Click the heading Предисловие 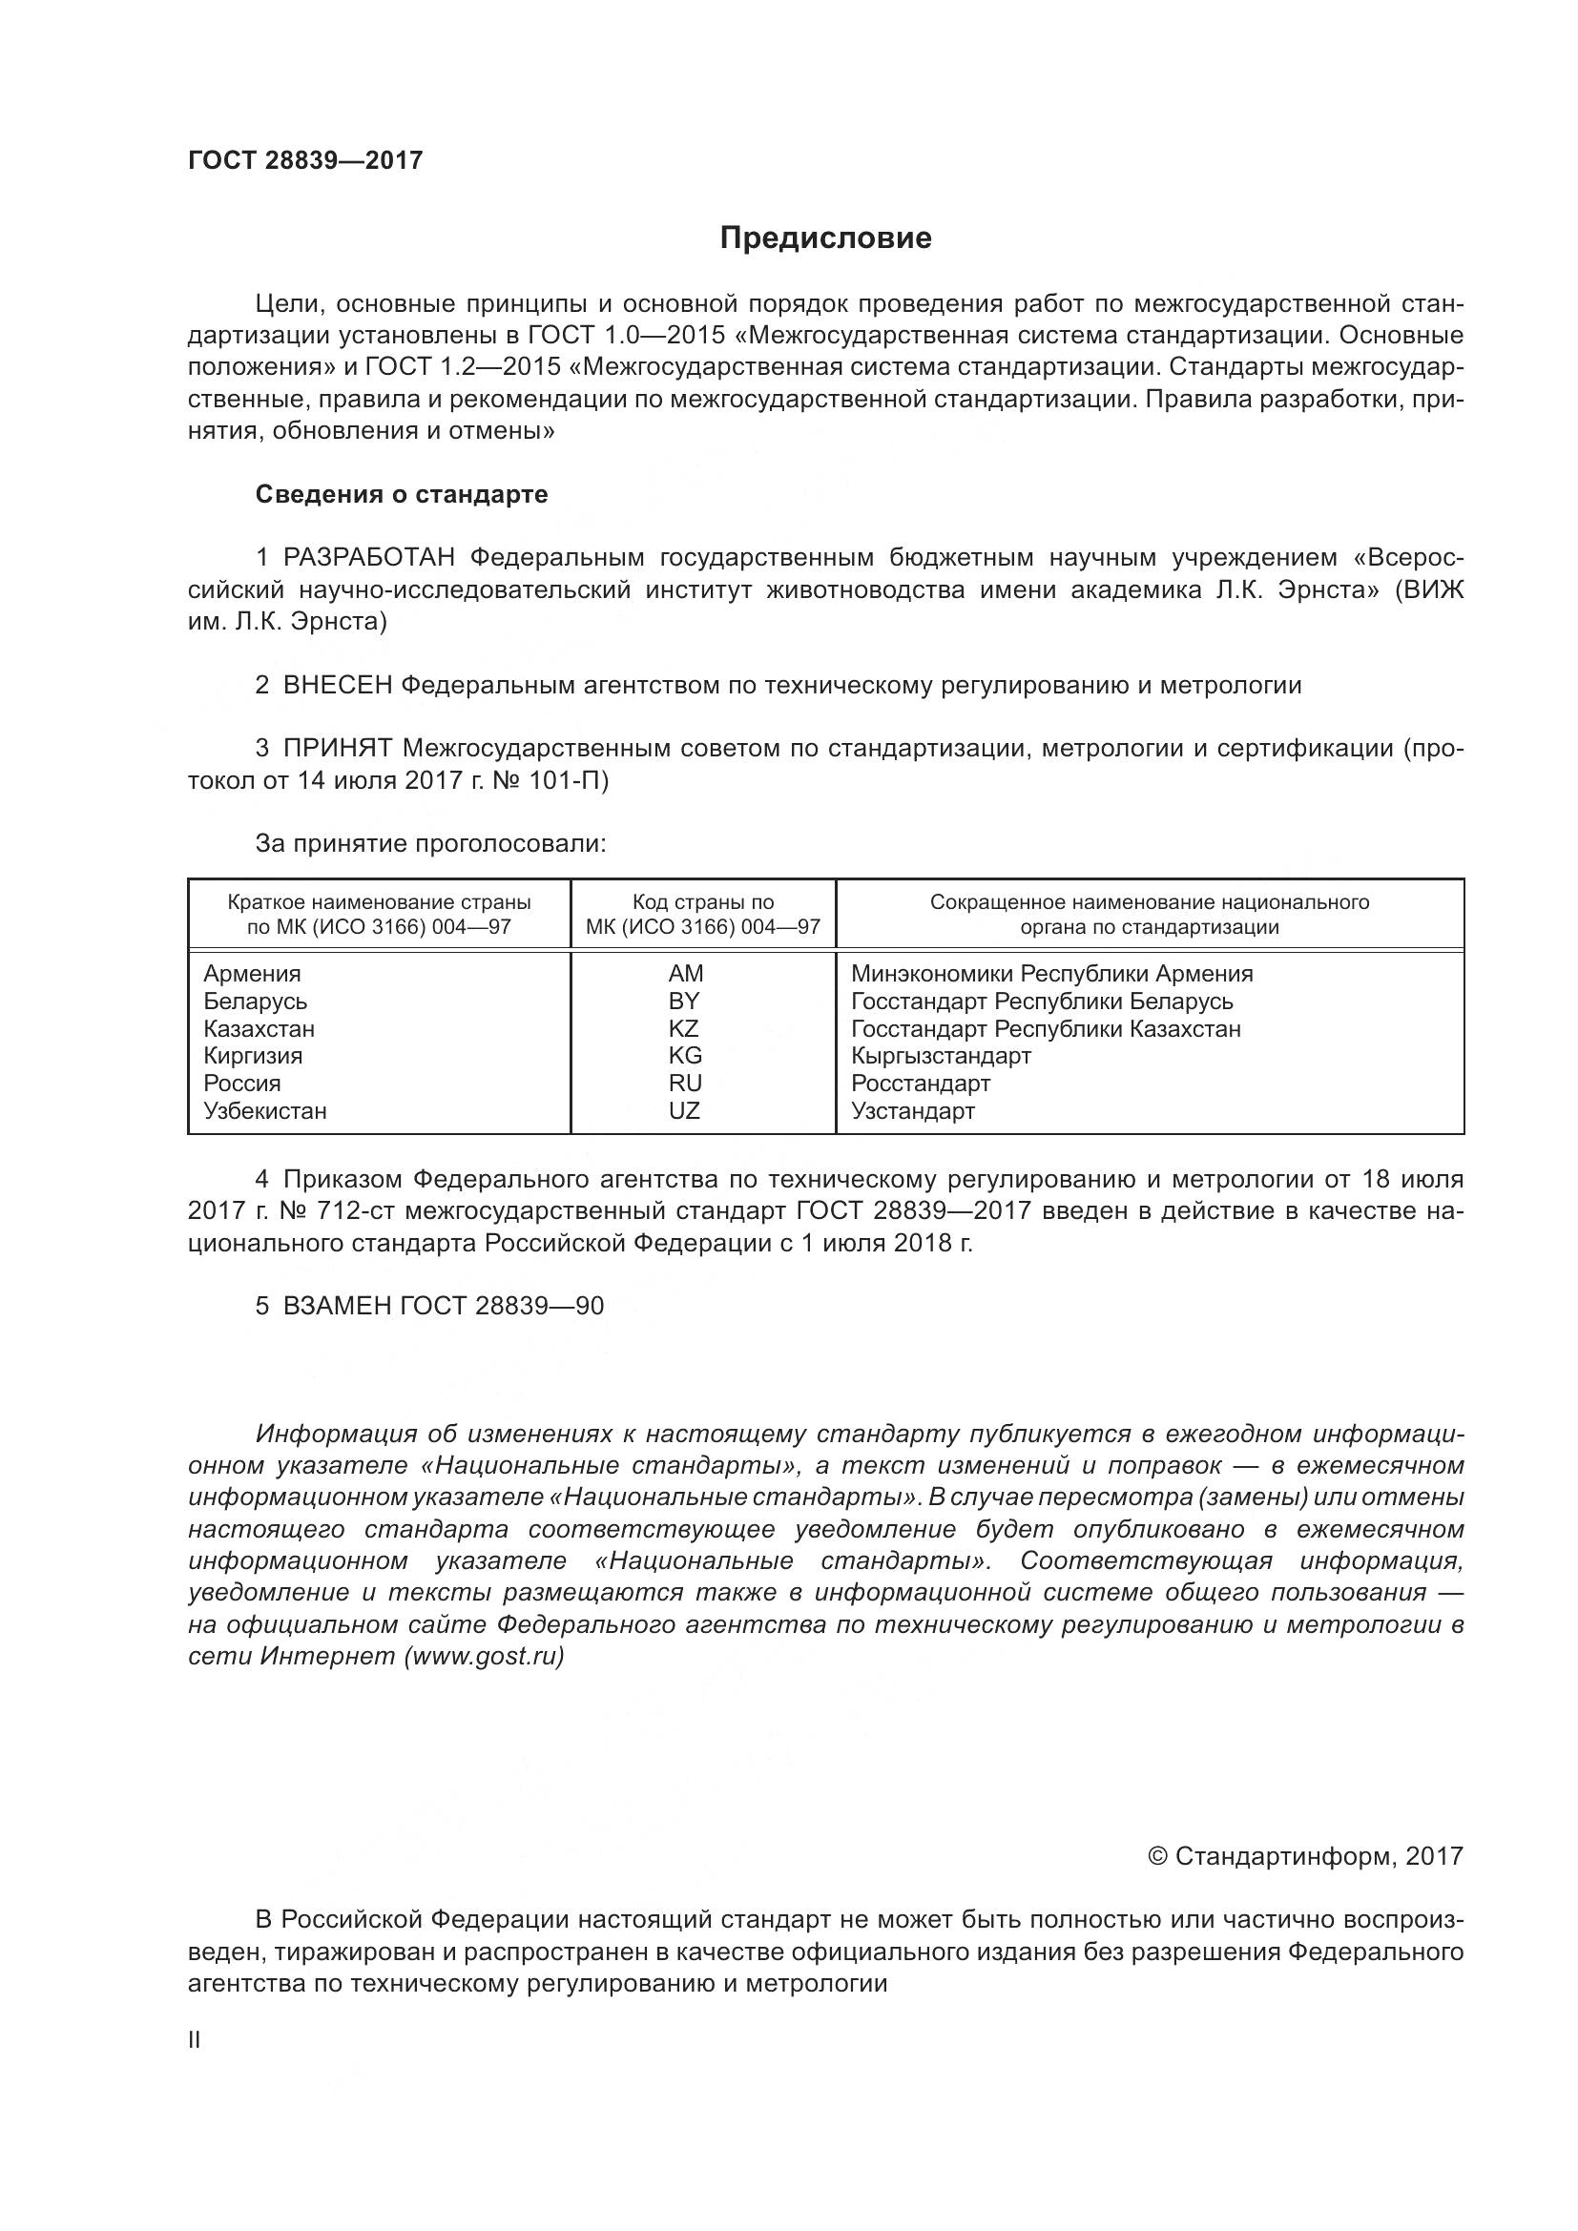coord(825,238)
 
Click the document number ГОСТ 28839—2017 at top coord(305,160)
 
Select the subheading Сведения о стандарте coord(402,495)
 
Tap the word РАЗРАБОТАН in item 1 coord(369,558)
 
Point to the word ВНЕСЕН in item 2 coord(337,685)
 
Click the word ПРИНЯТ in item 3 coord(337,748)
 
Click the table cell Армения coord(252,974)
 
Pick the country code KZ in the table coord(683,1028)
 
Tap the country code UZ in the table coord(684,1110)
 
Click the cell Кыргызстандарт coord(941,1055)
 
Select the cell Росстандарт coord(920,1084)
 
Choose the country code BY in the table coord(684,1001)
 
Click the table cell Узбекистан coord(264,1110)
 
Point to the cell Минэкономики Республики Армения coord(1051,974)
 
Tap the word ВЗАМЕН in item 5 coord(337,1305)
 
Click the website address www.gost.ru coord(484,1656)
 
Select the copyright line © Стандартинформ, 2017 coord(1305,1856)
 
